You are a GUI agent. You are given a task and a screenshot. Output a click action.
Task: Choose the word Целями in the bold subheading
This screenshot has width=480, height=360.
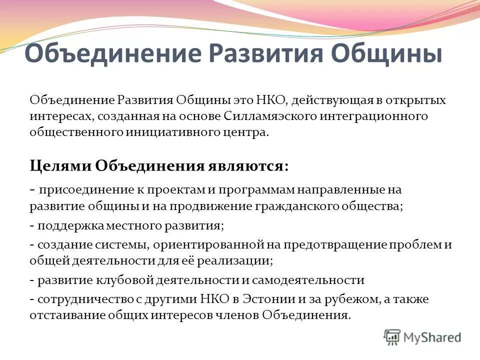click(x=60, y=165)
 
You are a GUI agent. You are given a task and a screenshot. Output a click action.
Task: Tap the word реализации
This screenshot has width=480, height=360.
click(x=241, y=260)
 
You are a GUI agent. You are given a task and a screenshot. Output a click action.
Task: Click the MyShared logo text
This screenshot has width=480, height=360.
click(x=433, y=337)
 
